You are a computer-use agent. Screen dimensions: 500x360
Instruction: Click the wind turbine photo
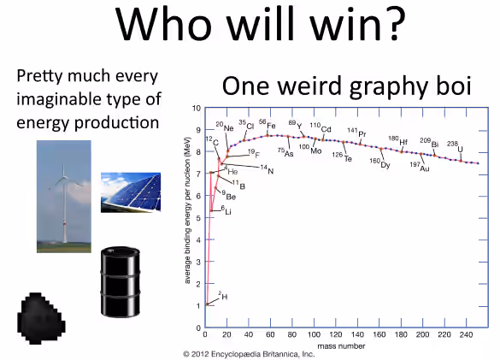coord(64,197)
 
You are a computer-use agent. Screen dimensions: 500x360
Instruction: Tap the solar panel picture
coord(131,192)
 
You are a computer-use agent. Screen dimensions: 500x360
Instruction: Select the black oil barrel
coord(121,282)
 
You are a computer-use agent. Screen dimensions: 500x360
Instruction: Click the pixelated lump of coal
coord(41,318)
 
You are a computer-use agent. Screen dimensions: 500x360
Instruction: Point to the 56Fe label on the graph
coord(268,124)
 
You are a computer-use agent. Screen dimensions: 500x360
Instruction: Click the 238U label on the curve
coord(455,147)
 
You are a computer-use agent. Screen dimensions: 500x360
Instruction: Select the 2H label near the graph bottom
coord(223,296)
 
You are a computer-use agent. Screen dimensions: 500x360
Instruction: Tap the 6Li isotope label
coord(226,210)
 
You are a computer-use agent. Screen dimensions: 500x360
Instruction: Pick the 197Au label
coord(420,166)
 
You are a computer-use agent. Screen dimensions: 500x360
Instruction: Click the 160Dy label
coord(379,163)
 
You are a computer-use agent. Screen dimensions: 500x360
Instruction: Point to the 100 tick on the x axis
coord(314,334)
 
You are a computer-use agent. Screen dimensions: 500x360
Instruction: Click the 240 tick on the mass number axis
coord(466,334)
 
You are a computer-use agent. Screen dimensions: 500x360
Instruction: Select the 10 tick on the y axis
coord(197,109)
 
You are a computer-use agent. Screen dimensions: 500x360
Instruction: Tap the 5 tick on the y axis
coord(198,218)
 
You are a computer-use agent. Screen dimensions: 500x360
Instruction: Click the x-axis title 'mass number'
coord(341,346)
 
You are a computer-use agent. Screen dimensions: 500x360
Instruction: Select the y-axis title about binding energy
coord(187,210)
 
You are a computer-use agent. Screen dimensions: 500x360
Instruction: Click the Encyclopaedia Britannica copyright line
coord(249,354)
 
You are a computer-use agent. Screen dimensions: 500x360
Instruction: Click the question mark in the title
coord(395,24)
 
